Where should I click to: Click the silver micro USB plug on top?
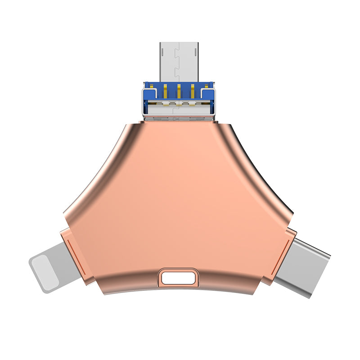click(x=179, y=61)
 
